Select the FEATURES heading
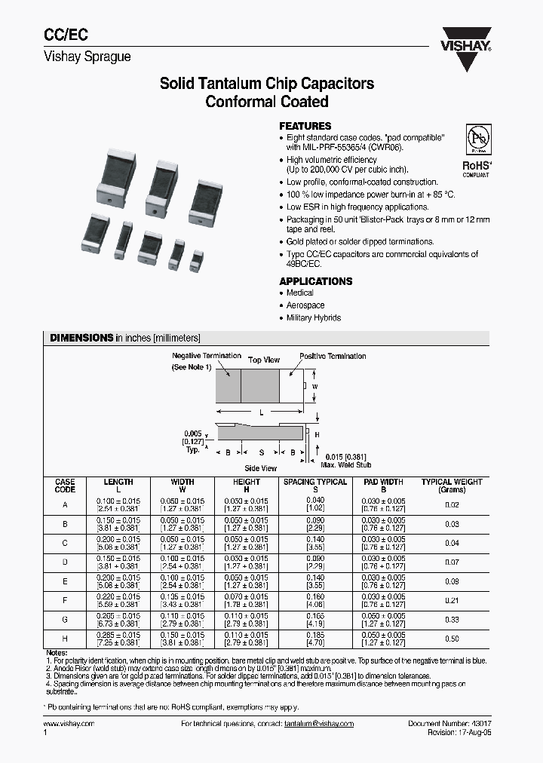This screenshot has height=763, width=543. (x=305, y=126)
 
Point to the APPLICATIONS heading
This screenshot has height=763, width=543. (x=315, y=281)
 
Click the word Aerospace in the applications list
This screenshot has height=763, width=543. (x=305, y=305)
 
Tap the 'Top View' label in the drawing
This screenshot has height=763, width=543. (x=265, y=360)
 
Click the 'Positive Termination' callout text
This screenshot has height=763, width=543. (x=333, y=356)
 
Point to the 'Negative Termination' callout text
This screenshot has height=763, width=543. (x=207, y=355)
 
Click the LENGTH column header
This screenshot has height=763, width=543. (x=118, y=482)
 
